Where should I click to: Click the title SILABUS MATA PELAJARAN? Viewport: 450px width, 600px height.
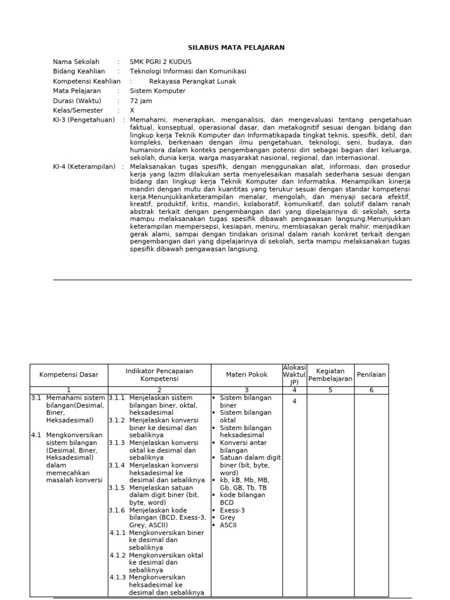click(x=228, y=47)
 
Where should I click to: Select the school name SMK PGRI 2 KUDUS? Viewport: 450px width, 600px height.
click(x=160, y=62)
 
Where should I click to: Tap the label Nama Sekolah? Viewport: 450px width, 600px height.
click(x=76, y=62)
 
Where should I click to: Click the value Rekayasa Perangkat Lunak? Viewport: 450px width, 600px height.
click(x=190, y=81)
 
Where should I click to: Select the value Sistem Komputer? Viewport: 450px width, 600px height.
click(x=157, y=91)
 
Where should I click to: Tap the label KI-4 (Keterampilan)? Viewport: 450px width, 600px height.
click(x=84, y=167)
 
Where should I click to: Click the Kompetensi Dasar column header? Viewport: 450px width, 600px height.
click(x=69, y=375)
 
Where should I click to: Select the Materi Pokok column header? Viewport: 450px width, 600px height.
click(x=247, y=375)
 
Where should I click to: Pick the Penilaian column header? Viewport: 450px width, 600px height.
click(x=371, y=375)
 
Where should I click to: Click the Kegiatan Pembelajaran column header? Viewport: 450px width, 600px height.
click(x=330, y=375)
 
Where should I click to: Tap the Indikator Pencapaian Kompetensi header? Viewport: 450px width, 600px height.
click(x=159, y=375)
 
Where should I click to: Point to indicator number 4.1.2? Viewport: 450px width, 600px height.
click(x=118, y=555)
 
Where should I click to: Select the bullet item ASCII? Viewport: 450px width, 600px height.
click(x=228, y=525)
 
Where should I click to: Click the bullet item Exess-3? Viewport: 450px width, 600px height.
click(x=232, y=510)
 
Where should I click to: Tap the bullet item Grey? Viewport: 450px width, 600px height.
click(x=227, y=517)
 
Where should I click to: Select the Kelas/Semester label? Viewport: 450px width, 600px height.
click(x=78, y=110)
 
